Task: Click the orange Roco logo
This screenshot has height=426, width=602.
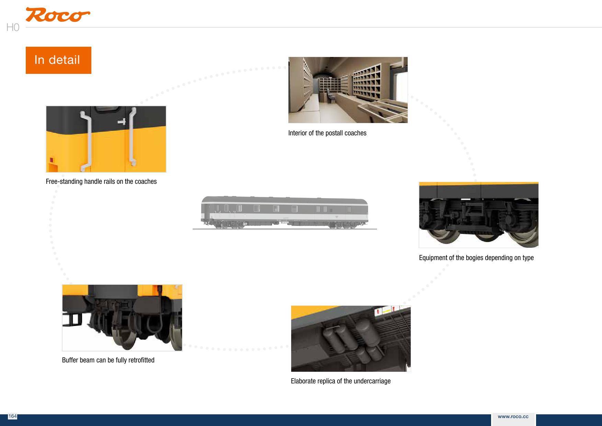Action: tap(57, 15)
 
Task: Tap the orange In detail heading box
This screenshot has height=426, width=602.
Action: tap(58, 60)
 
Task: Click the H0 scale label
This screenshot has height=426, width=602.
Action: tap(13, 27)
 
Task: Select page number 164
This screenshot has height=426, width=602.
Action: tap(12, 416)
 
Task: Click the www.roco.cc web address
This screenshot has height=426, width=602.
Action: tap(513, 417)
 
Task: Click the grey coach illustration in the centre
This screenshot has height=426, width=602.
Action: tap(284, 212)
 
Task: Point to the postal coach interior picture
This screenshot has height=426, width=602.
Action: tap(348, 90)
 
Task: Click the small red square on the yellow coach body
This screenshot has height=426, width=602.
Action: tap(52, 160)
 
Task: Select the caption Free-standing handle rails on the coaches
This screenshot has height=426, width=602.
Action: tap(101, 182)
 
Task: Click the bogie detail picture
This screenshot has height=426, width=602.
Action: tap(478, 215)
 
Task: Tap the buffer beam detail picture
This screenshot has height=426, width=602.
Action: tap(122, 317)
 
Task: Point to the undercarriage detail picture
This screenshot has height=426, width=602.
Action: tap(351, 338)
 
